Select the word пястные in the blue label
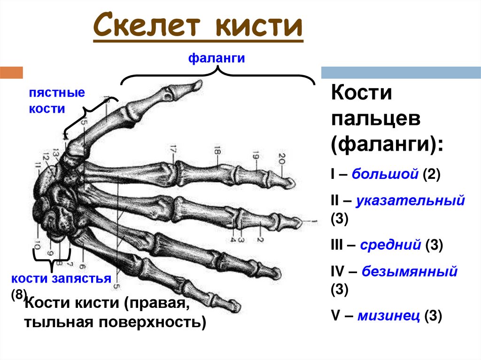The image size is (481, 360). tap(57, 92)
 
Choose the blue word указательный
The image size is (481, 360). tap(410, 201)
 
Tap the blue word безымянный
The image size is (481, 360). tap(409, 271)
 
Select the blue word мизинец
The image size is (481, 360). tap(388, 316)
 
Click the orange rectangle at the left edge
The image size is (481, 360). tap(11, 73)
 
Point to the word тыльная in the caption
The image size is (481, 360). tap(55, 323)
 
